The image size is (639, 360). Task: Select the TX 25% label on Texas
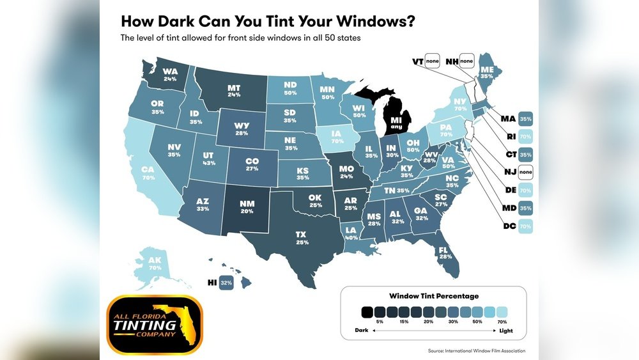(x=301, y=238)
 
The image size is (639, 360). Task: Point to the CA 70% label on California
(x=149, y=173)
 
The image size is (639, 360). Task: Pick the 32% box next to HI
(x=225, y=281)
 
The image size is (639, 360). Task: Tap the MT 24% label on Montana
(x=233, y=90)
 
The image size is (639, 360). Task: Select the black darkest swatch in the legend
(x=367, y=312)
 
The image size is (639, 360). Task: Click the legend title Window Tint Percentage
(x=434, y=296)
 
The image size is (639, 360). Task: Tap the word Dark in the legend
(x=362, y=330)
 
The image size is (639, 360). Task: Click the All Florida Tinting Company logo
(x=154, y=325)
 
